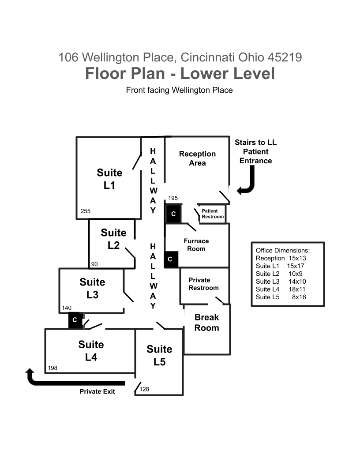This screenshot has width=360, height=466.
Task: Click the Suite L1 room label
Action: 109,179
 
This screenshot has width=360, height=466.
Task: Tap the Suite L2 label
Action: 113,239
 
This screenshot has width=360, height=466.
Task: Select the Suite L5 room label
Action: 160,355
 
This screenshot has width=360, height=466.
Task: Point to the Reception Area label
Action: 197,158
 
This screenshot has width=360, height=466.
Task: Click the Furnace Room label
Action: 196,244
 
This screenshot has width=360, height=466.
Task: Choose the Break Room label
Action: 207,323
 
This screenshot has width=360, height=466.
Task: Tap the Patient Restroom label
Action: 213,214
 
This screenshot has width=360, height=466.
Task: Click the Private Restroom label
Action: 203,284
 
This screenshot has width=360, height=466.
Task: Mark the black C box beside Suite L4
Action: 75,320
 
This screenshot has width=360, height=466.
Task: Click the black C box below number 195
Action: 173,214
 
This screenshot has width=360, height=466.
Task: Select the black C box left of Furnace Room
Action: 171,259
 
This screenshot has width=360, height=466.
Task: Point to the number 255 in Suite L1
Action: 85,211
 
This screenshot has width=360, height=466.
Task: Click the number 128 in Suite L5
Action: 144,389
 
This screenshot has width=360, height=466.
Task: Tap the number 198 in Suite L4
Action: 52,368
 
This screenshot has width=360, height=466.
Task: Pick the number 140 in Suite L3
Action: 67,308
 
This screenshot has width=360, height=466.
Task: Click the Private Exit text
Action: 97,391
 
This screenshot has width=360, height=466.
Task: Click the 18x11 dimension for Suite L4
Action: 297,289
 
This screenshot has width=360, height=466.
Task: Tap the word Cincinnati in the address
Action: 208,57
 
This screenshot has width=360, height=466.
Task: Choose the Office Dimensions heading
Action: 282,250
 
